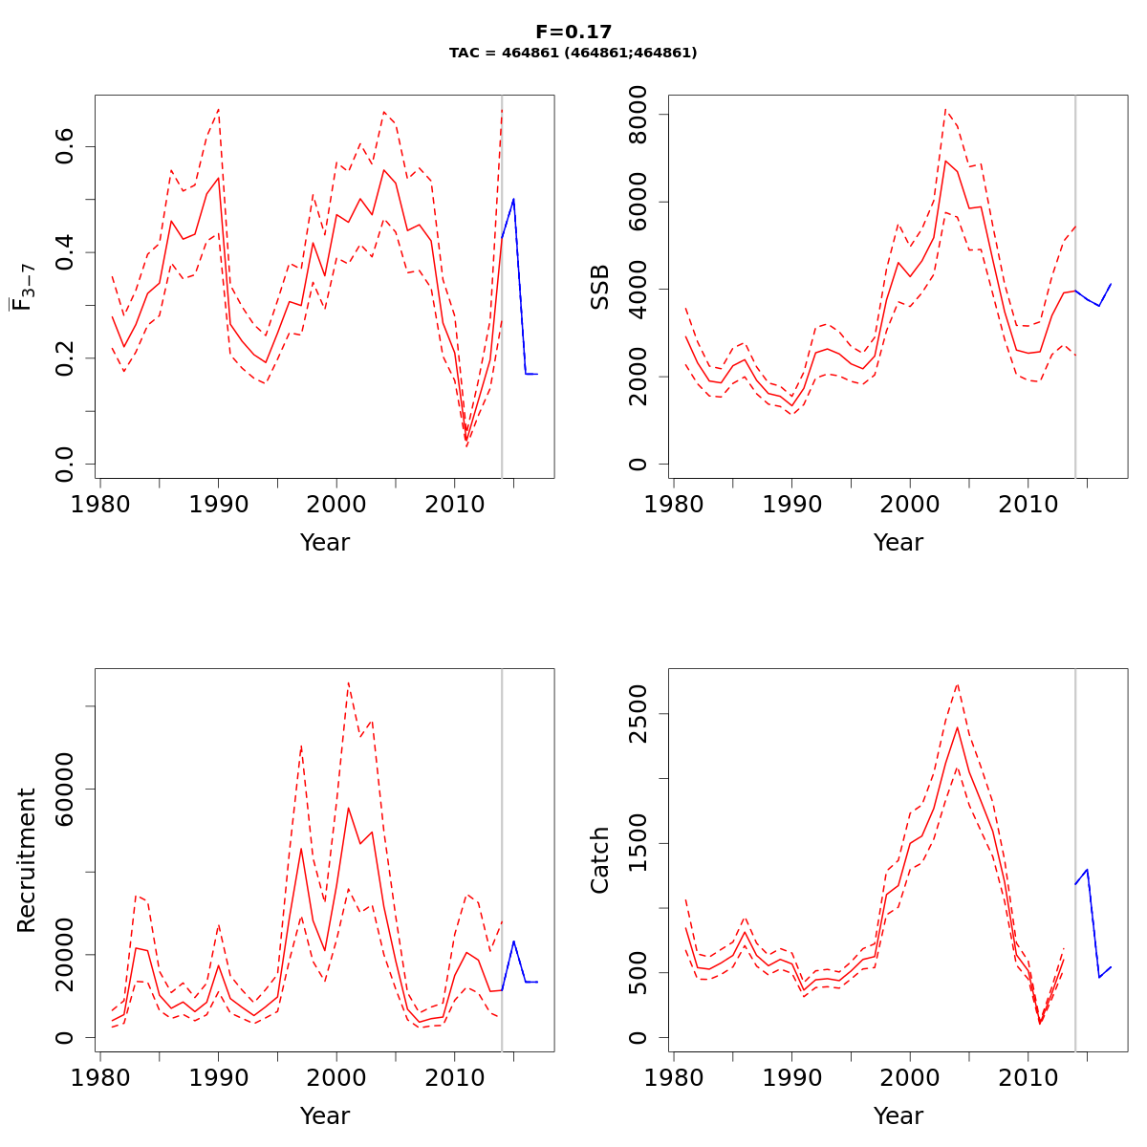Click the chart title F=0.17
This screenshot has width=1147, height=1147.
pyautogui.click(x=573, y=32)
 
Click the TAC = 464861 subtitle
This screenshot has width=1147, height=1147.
pyautogui.click(x=573, y=54)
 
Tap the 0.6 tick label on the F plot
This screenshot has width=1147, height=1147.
pyautogui.click(x=66, y=147)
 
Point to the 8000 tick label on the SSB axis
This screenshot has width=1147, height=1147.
pyautogui.click(x=639, y=115)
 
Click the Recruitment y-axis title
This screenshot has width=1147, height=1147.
pyautogui.click(x=27, y=860)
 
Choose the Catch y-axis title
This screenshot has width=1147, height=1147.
pyautogui.click(x=600, y=860)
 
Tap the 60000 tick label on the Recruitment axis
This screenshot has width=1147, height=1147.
pyautogui.click(x=66, y=789)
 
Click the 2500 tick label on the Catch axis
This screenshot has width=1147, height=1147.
pyautogui.click(x=639, y=714)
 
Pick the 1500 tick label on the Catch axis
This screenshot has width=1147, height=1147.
pyautogui.click(x=639, y=843)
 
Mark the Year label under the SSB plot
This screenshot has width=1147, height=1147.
pyautogui.click(x=898, y=543)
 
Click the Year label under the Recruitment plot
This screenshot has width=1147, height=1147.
pyautogui.click(x=325, y=1116)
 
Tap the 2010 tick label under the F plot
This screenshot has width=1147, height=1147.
pyautogui.click(x=455, y=505)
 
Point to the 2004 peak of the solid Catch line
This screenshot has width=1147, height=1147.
pyautogui.click(x=957, y=727)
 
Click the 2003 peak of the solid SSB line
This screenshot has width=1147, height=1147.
pyautogui.click(x=945, y=161)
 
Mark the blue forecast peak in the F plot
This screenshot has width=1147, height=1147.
pyautogui.click(x=513, y=199)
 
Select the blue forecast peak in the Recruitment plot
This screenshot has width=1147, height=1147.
pyautogui.click(x=513, y=941)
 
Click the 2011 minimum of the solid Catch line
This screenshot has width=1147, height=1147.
pyautogui.click(x=1040, y=1024)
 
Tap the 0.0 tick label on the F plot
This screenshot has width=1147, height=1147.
pyautogui.click(x=66, y=464)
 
